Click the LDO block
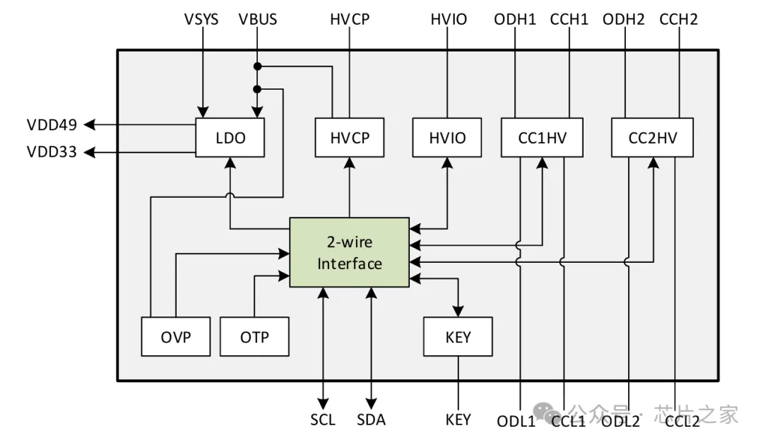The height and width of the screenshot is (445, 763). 230,138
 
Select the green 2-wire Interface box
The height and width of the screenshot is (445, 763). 349,253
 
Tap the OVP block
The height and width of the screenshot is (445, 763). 175,337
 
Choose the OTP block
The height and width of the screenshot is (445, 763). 254,337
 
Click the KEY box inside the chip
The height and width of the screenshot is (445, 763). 458,337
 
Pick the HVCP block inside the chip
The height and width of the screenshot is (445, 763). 349,138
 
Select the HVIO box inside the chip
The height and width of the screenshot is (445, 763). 448,138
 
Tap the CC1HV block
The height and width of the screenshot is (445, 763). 543,138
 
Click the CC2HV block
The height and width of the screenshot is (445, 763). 652,138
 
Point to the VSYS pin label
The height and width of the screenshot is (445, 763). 201,20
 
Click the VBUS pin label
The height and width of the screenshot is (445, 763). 258,20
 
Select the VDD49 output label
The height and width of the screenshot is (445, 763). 52,125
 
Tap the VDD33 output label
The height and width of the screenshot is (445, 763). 52,151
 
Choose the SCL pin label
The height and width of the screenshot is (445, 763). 323,420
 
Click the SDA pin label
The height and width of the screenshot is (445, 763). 371,420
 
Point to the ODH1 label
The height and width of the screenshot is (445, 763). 515,20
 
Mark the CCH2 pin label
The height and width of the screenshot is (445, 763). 678,20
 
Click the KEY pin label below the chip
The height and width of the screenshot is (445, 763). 458,420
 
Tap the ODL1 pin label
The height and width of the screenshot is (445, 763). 516,421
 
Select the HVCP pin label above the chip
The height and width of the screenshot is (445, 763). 349,20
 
